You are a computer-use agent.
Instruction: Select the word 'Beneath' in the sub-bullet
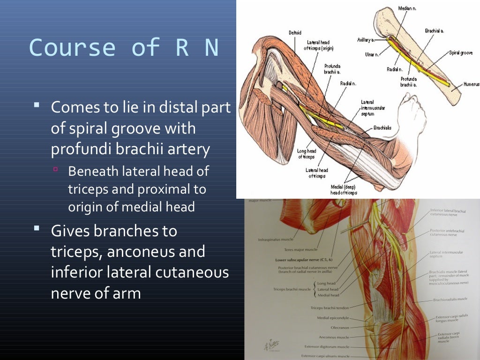pos(93,171)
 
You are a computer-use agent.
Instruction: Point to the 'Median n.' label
pos(407,8)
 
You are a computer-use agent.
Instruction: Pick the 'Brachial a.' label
pos(434,30)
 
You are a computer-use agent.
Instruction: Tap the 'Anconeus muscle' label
pos(334,337)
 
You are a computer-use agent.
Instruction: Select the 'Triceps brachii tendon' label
pos(330,308)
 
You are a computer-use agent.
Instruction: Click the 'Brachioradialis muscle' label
pos(450,299)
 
